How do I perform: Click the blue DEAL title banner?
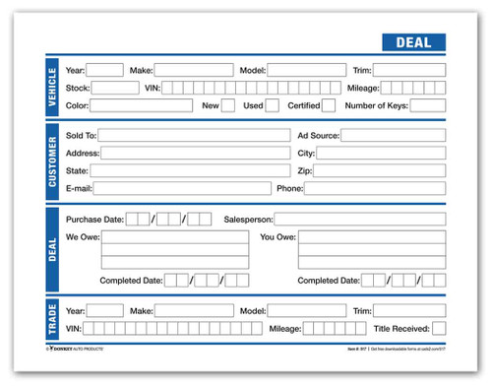412,43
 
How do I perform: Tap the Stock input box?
115,88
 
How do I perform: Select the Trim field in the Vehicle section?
410,71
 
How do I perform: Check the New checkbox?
227,105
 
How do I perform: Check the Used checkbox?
272,105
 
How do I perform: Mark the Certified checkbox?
328,105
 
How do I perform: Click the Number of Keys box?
427,105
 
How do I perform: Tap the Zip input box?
380,170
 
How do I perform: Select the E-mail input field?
184,187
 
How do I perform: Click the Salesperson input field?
359,219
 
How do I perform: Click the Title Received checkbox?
438,328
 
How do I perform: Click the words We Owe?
81,236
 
